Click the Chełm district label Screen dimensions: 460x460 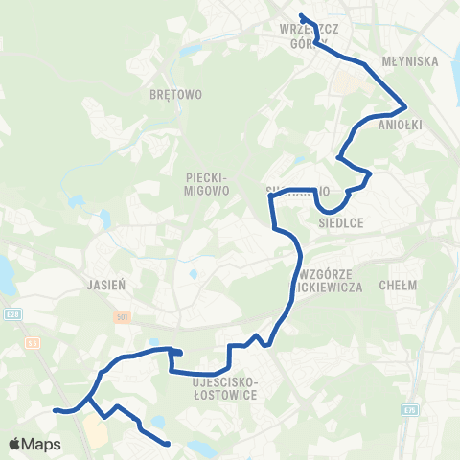[398, 285]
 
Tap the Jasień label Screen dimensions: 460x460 [100, 285]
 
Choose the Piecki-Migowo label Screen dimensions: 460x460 [206, 184]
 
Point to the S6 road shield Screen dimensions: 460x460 [34, 341]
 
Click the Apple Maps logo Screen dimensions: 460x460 [34, 444]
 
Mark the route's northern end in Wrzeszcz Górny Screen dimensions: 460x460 [301, 15]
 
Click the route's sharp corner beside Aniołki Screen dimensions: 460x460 [407, 105]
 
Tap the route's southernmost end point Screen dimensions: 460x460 [168, 443]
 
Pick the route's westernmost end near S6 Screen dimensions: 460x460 [56, 410]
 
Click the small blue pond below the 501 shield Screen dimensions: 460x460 [153, 341]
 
